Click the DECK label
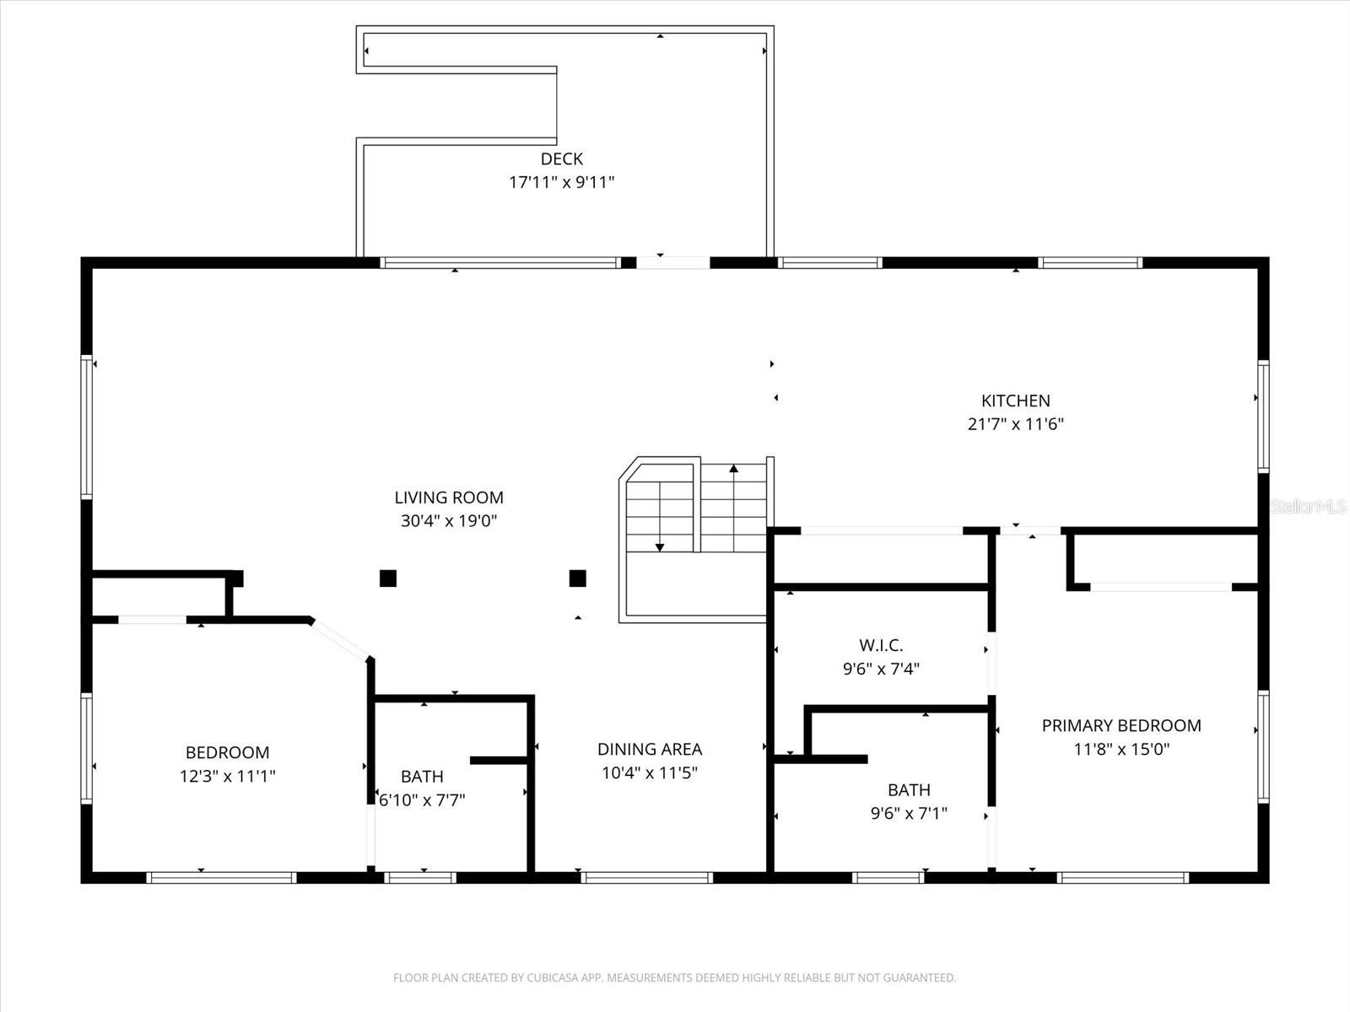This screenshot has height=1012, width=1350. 561,159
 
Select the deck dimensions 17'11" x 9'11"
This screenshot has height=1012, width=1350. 561,182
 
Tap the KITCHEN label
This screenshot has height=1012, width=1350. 1015,401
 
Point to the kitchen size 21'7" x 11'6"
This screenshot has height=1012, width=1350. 1015,424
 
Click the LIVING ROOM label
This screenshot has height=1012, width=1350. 449,498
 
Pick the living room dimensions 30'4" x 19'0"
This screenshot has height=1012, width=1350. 449,521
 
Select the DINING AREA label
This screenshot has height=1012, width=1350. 649,749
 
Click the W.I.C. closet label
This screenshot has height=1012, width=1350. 881,645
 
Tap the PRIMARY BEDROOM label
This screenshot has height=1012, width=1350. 1120,725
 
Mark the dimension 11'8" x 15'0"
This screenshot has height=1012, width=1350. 1120,749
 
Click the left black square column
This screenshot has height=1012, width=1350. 388,578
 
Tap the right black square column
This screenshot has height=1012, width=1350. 578,578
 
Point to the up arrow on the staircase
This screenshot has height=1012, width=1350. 734,469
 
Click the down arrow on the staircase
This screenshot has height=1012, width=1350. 660,546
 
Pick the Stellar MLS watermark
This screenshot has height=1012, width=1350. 1309,506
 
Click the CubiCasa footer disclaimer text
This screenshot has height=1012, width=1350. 674,978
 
